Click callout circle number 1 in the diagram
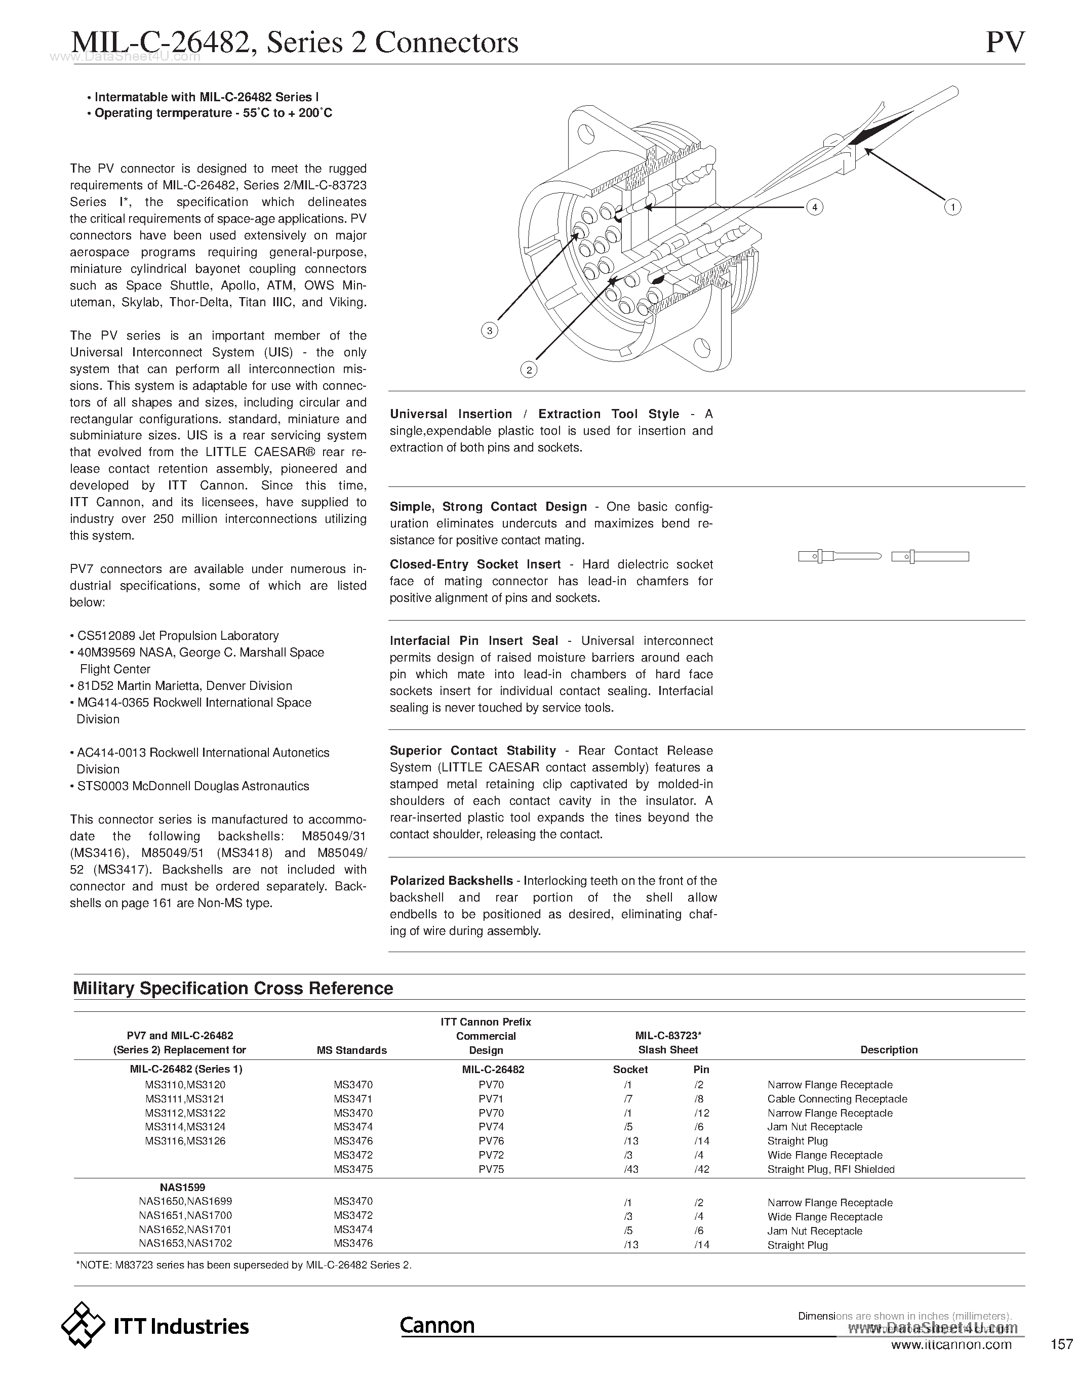[952, 207]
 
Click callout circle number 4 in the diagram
[814, 207]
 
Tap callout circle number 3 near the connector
[489, 330]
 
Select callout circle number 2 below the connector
[529, 370]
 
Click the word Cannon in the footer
[437, 1325]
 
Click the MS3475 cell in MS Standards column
[353, 1169]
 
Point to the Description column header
[889, 1050]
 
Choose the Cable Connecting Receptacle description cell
[837, 1099]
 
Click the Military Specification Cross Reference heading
[232, 989]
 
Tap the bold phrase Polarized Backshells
[451, 881]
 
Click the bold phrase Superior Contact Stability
[472, 751]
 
